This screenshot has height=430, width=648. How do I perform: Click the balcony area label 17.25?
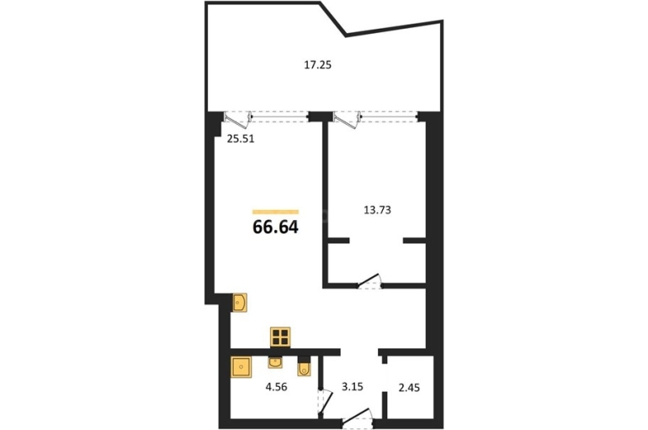coord(318,65)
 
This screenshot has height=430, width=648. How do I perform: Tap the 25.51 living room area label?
coord(241,139)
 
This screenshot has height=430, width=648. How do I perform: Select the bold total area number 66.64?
coord(275,227)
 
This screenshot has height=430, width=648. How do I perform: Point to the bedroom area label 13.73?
coord(377,210)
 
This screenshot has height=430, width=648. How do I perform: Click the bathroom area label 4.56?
coord(277,387)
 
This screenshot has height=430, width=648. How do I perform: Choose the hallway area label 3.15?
coord(352,386)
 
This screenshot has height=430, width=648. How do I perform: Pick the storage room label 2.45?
coord(409,387)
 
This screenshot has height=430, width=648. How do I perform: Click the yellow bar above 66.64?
coord(275,212)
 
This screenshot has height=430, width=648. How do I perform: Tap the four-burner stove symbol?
coord(280,336)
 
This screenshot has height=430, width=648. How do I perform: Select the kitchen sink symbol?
coord(240,303)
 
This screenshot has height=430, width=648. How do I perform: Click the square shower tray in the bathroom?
coord(242,367)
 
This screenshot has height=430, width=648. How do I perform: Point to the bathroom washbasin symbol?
coord(275,363)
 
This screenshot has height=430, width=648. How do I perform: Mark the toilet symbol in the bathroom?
coord(304,367)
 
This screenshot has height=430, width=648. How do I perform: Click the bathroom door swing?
coord(325,401)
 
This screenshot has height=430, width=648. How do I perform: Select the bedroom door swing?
coord(369,281)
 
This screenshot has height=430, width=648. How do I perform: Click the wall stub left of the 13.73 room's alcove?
coord(339,240)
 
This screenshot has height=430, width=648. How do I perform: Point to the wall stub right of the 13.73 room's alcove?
coord(415,240)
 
